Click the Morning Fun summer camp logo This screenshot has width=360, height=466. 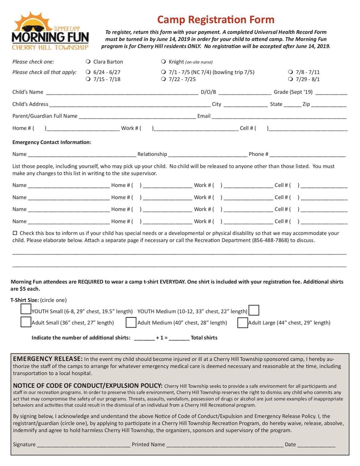coord(50,31)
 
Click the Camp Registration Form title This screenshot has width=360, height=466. coord(216,19)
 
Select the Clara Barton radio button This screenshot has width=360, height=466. coord(88,62)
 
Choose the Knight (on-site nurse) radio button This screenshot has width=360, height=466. coord(163,62)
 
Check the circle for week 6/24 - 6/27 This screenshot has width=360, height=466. coord(88,72)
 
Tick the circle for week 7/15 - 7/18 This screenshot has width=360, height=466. coord(88,79)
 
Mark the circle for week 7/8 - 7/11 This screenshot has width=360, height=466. coord(290,72)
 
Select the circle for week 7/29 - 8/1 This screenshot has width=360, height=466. coord(290,79)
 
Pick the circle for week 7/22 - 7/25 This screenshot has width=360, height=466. coord(163,79)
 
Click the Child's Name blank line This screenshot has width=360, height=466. coord(121,93)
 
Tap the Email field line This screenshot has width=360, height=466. coord(279,117)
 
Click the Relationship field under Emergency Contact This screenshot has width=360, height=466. coord(207,155)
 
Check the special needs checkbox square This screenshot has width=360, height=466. coord(15,233)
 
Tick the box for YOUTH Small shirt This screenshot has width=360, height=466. coord(26,310)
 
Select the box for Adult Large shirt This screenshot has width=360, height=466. coord(243,322)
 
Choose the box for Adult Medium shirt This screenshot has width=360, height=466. coord(131,322)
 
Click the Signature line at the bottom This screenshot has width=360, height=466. coord(83,445)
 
